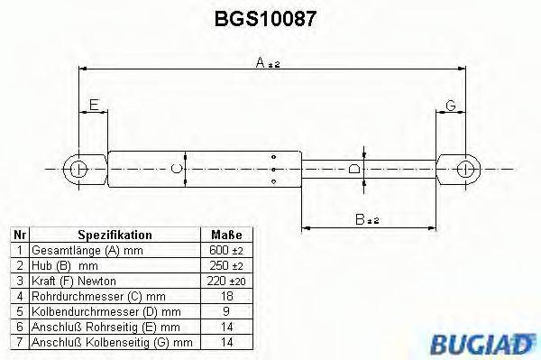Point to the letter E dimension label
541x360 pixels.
[x=95, y=107]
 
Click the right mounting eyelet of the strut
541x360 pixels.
[x=465, y=168]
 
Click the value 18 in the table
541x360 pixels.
[x=227, y=296]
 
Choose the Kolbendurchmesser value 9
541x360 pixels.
[x=227, y=311]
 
